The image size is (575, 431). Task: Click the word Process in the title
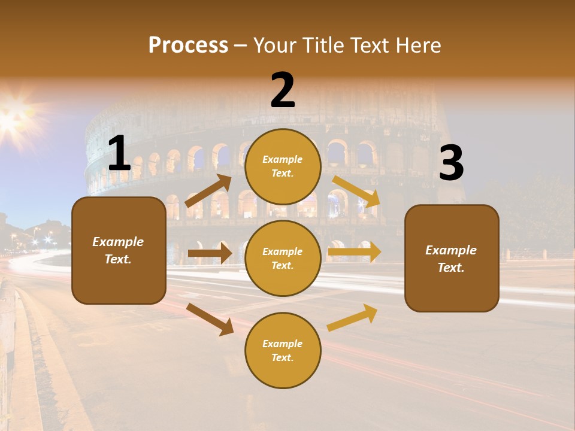point(188,45)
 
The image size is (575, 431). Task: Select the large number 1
point(119,154)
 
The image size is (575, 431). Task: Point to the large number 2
point(283,90)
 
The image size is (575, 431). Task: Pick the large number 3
point(451,163)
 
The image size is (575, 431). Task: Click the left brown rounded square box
point(119,250)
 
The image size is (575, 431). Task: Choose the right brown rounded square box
point(452,258)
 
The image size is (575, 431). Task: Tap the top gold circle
point(283,166)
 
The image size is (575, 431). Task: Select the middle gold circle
point(283,258)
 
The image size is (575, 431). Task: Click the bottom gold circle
point(283,350)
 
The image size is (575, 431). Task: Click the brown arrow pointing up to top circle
point(208,191)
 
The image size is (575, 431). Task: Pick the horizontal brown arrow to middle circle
point(210,253)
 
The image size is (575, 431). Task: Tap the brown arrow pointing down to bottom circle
point(210,319)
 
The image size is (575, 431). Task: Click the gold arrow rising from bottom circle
point(352,317)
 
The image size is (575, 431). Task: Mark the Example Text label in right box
point(451,259)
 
